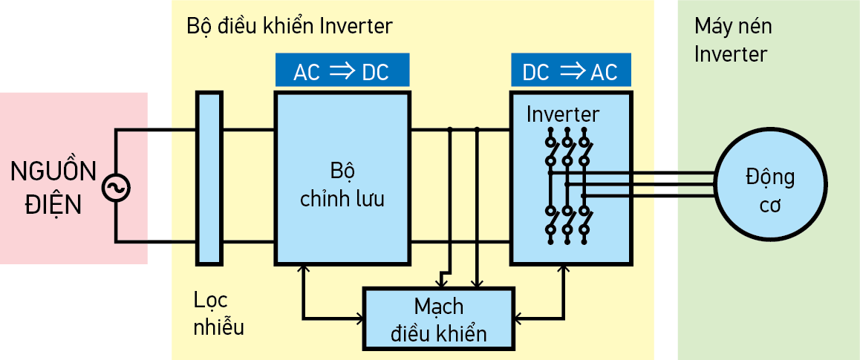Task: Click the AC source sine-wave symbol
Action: click(x=116, y=187)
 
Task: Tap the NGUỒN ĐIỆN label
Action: click(x=53, y=187)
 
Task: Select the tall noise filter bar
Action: click(x=209, y=178)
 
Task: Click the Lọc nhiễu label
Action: click(x=218, y=313)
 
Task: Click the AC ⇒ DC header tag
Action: click(x=342, y=71)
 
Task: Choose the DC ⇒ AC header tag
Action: click(x=570, y=71)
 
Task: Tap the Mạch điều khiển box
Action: click(x=438, y=318)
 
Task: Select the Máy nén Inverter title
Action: click(x=732, y=40)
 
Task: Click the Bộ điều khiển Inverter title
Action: click(x=290, y=26)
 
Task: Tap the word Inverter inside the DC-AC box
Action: click(x=562, y=114)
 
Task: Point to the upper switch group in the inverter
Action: click(x=567, y=148)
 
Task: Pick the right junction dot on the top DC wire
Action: click(x=477, y=130)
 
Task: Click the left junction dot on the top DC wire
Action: click(x=450, y=130)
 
